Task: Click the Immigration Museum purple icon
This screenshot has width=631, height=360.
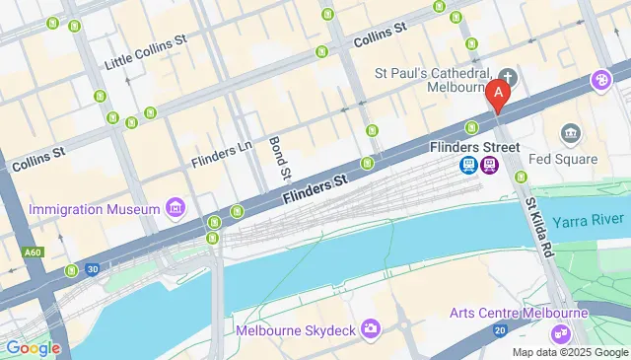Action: click(x=175, y=208)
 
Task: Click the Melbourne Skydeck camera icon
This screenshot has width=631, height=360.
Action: click(x=370, y=327)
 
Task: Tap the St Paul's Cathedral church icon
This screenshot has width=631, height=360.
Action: click(x=508, y=76)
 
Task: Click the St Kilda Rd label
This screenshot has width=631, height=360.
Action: click(x=539, y=228)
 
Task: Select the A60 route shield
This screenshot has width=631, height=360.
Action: click(x=33, y=253)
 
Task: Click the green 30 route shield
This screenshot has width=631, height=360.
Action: click(x=93, y=269)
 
